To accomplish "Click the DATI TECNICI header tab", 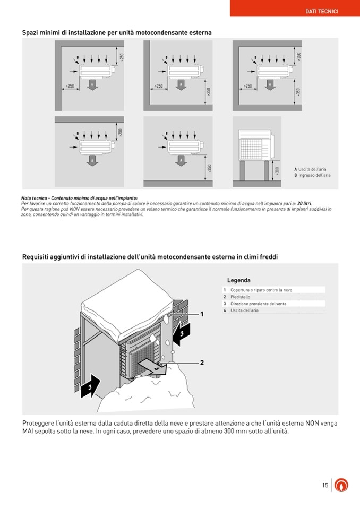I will click(x=322, y=11).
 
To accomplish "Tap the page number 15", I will click(x=325, y=485).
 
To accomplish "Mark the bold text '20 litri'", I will click(x=304, y=203).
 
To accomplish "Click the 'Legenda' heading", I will click(x=238, y=280).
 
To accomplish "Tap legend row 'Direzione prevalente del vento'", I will click(x=258, y=304).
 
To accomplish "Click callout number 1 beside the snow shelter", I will click(x=202, y=314).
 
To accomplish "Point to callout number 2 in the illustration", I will click(x=202, y=363).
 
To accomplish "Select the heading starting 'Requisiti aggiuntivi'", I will click(x=150, y=257).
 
